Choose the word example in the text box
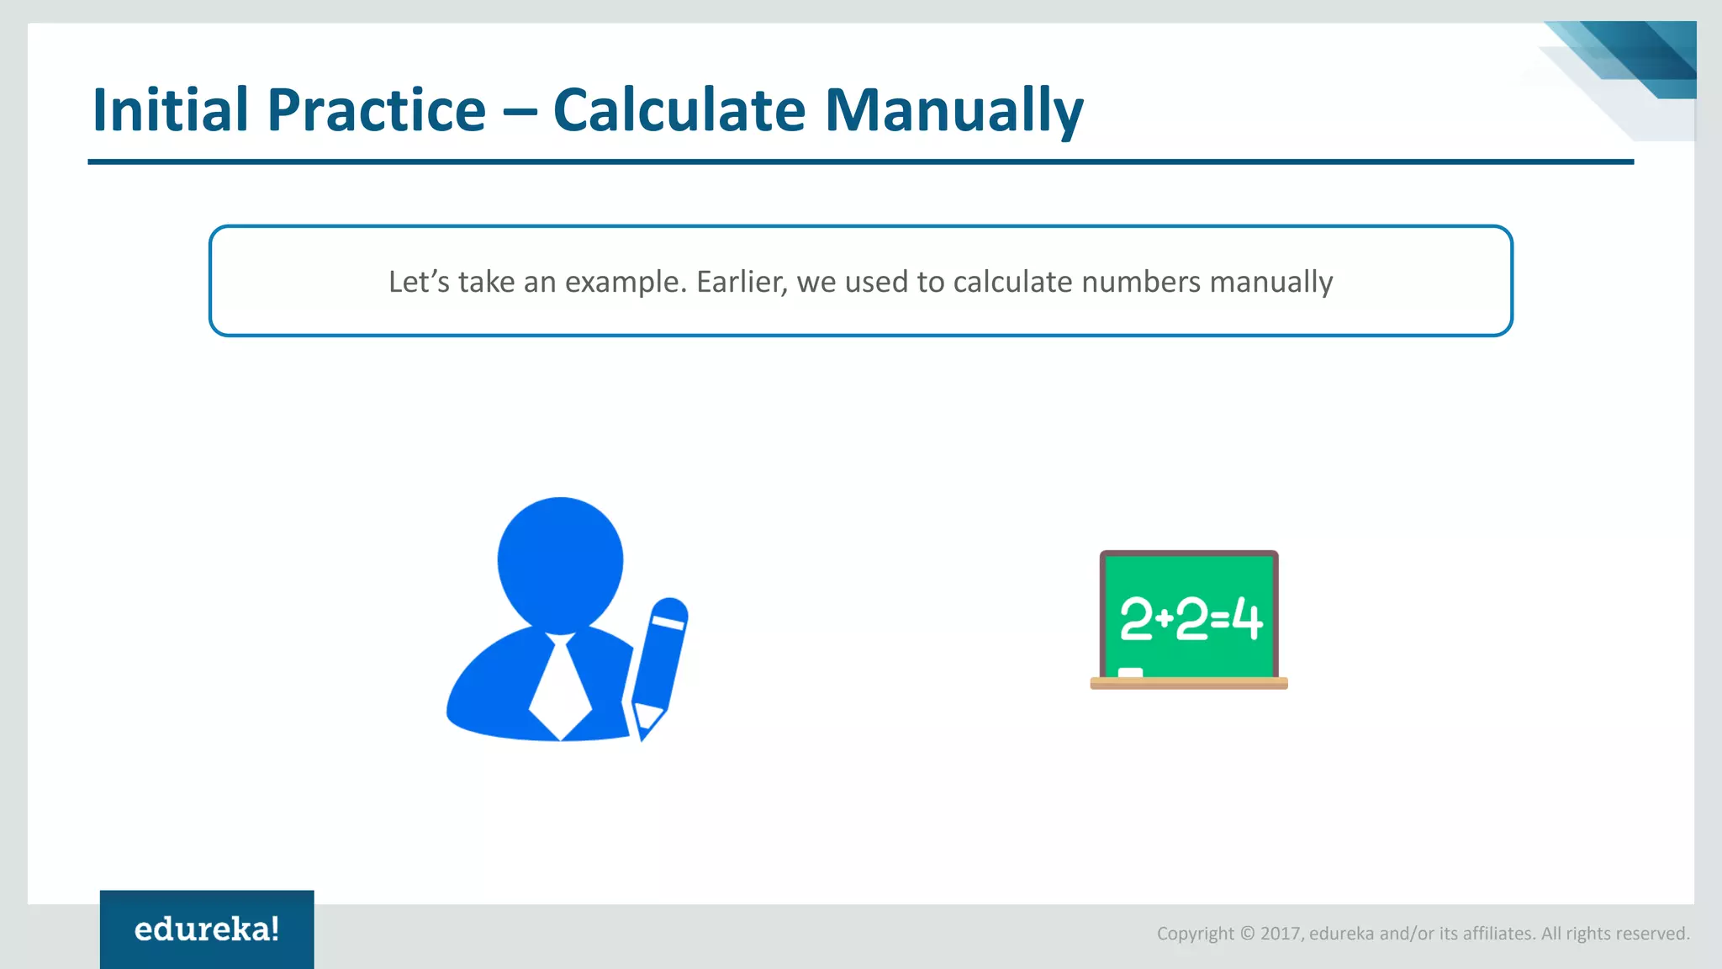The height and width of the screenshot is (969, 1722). tap(625, 282)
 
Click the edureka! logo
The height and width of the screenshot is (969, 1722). tap(207, 929)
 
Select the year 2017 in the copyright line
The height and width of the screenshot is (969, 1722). tap(1281, 934)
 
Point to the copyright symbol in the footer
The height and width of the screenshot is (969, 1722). tap(1248, 934)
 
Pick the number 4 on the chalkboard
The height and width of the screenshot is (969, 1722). tap(1247, 620)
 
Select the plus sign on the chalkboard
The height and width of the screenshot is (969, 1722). tap(1165, 619)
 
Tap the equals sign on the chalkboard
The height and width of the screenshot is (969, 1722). tap(1220, 621)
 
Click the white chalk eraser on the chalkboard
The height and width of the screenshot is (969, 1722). tap(1130, 672)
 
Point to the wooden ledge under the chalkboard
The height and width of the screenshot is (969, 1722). tap(1189, 683)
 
